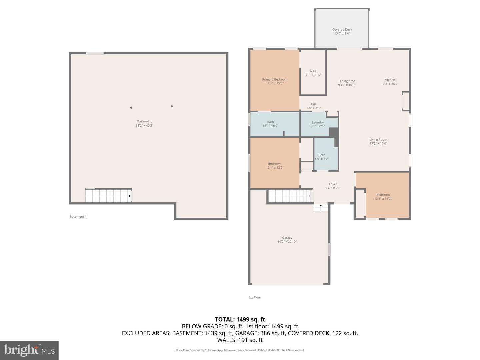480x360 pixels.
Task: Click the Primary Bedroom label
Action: pyautogui.click(x=275, y=80)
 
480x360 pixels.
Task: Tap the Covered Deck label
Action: pyautogui.click(x=342, y=30)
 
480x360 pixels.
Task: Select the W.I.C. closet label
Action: pyautogui.click(x=313, y=71)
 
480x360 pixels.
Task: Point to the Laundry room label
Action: pyautogui.click(x=318, y=122)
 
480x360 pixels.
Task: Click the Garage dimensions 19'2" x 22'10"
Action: pyautogui.click(x=287, y=242)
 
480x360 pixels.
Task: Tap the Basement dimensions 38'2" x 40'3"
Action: pyautogui.click(x=144, y=126)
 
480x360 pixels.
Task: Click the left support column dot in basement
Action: pyautogui.click(x=131, y=108)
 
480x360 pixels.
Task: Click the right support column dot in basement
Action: pyautogui.click(x=172, y=106)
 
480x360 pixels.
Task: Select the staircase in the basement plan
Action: pyautogui.click(x=108, y=196)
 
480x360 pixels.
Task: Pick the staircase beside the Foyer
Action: pyautogui.click(x=290, y=196)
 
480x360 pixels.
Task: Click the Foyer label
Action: pyautogui.click(x=333, y=184)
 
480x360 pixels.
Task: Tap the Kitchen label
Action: pyautogui.click(x=390, y=80)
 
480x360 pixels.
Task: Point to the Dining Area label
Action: pyautogui.click(x=347, y=81)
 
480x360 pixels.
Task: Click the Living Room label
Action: pyautogui.click(x=378, y=140)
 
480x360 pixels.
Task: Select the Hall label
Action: pyautogui.click(x=314, y=104)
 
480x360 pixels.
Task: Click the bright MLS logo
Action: pyautogui.click(x=29, y=350)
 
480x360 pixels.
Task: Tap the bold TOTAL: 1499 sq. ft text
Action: pyautogui.click(x=240, y=319)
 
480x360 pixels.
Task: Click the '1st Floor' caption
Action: pyautogui.click(x=255, y=298)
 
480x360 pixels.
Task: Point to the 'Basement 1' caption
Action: pyautogui.click(x=78, y=217)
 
